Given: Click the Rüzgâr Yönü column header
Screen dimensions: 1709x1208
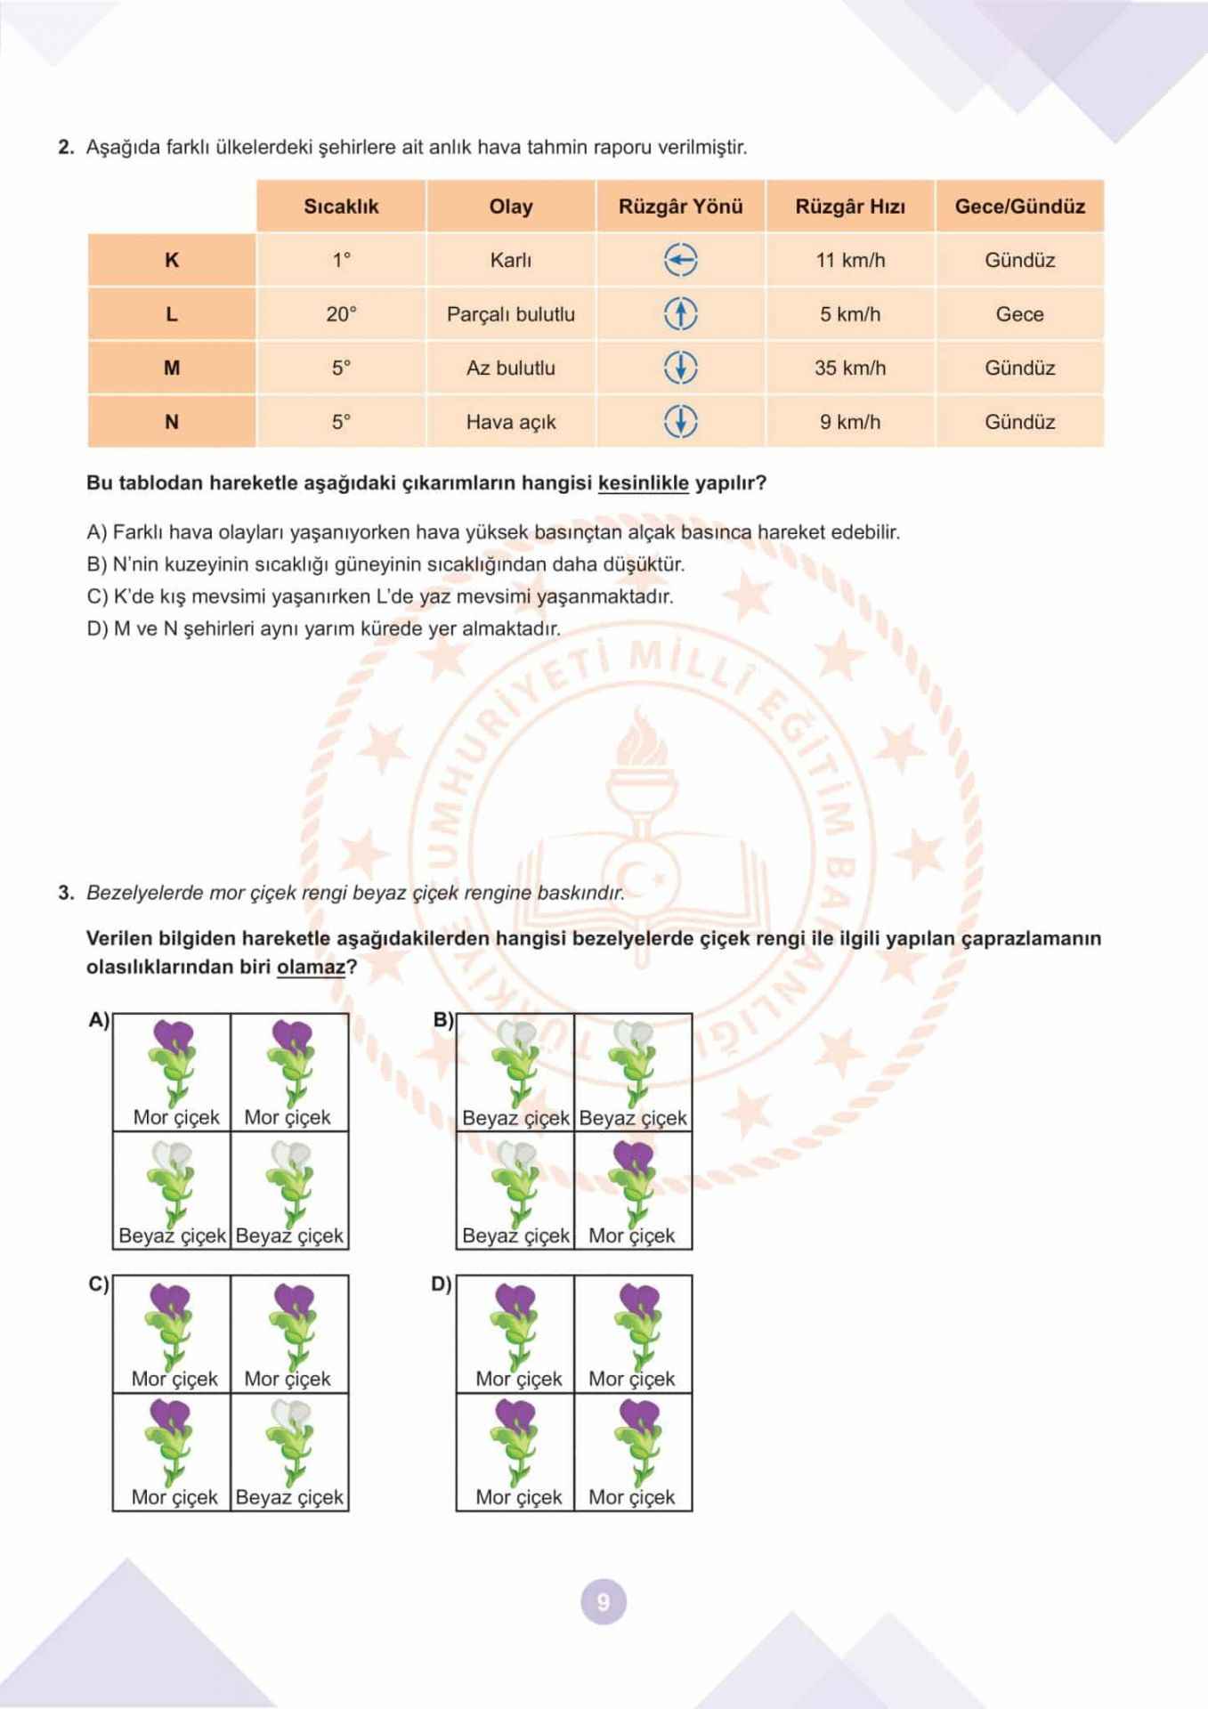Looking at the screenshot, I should (680, 207).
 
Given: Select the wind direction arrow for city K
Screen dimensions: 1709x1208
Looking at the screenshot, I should (681, 260).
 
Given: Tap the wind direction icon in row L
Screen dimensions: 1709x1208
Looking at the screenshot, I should (681, 313).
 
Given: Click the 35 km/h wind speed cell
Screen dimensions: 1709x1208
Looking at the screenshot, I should (850, 368).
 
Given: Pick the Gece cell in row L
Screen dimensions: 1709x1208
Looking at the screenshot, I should (1019, 314).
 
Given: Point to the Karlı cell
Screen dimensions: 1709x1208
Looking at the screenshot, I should (511, 260).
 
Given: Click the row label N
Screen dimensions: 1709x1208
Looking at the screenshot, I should (172, 422).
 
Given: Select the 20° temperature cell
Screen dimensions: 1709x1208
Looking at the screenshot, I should (341, 314).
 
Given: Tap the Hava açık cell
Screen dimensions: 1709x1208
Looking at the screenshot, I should (511, 422).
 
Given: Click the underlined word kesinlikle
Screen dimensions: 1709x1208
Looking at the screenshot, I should (643, 483).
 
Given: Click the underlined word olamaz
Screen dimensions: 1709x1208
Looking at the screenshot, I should (311, 967).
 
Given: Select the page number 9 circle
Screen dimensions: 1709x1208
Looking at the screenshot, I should (604, 1602).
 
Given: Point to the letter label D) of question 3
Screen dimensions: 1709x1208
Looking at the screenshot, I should (442, 1284).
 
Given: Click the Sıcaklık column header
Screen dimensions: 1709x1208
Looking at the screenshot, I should (341, 207).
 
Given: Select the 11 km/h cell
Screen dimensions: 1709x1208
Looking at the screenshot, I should (850, 260).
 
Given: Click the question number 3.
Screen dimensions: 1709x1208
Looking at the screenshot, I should (65, 893).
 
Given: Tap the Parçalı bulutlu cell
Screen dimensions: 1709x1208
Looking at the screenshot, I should (511, 314).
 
